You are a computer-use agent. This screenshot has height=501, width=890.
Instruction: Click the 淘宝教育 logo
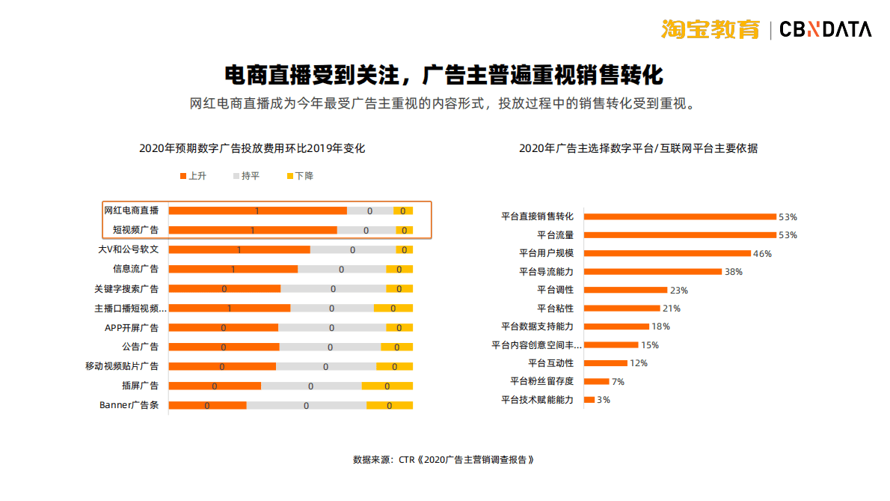[710, 29]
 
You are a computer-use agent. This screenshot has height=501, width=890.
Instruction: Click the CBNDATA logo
[825, 29]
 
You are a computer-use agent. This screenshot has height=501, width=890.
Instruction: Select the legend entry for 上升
[192, 176]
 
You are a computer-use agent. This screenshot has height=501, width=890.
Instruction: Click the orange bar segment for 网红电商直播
[257, 211]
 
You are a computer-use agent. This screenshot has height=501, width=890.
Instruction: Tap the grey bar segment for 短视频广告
[366, 231]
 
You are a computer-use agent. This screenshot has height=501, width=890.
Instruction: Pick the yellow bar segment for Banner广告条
[390, 405]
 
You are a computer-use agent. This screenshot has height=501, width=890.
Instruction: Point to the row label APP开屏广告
[131, 328]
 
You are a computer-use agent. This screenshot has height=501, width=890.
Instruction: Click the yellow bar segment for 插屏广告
[387, 386]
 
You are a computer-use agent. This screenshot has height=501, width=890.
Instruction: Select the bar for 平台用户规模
[667, 253]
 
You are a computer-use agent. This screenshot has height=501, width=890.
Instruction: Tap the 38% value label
[734, 272]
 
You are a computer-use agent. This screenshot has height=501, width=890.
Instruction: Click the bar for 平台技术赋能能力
[589, 400]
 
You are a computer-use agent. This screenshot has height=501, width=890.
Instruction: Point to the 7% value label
[618, 382]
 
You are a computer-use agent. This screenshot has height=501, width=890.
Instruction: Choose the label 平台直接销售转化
[537, 216]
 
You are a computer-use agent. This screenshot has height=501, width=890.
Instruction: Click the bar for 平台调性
[625, 290]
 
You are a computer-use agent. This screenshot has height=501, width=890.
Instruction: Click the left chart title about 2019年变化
[252, 148]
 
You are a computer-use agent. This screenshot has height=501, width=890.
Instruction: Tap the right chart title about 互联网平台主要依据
[638, 148]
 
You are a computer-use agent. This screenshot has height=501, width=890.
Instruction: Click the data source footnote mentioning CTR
[444, 459]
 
